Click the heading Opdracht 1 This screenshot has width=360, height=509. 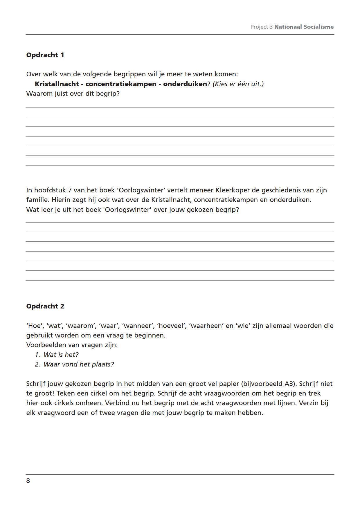[x=45, y=55]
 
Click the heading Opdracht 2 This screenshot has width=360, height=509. [x=45, y=306]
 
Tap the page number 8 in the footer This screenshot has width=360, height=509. [x=28, y=481]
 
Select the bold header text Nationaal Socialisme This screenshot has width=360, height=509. [x=304, y=27]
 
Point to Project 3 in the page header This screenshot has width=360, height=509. [x=261, y=27]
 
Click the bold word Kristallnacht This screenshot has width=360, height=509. [x=57, y=84]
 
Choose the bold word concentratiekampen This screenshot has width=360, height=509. [x=121, y=84]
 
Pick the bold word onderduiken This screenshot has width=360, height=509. [x=185, y=84]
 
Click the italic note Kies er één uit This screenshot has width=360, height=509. [x=238, y=84]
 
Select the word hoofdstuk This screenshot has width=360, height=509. [x=50, y=190]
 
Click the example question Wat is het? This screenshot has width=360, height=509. [x=61, y=355]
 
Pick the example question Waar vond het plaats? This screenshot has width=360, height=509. [x=78, y=364]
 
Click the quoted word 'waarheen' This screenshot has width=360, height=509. [x=206, y=326]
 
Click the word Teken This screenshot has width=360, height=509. [x=66, y=393]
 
